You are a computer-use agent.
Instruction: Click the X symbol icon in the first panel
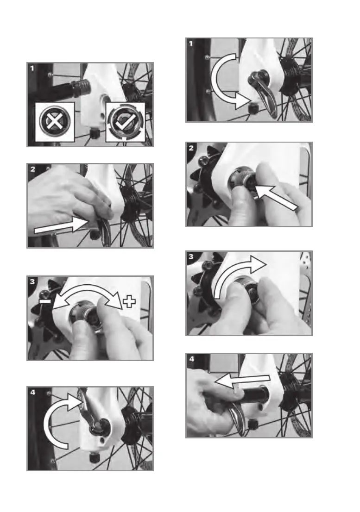(x=55, y=121)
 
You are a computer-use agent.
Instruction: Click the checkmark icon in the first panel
(x=126, y=122)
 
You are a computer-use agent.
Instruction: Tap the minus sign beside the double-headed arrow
(x=45, y=301)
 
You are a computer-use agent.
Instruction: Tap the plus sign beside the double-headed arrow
(x=129, y=301)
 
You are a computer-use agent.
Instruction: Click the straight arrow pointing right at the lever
(x=61, y=225)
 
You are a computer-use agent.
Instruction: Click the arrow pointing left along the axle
(x=242, y=381)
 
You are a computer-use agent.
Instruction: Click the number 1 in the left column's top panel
(x=32, y=68)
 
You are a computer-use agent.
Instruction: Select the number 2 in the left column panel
(x=33, y=169)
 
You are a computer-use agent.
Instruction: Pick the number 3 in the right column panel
(x=191, y=256)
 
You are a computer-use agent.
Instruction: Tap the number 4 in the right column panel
(x=191, y=359)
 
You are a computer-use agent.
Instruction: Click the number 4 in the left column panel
(x=33, y=392)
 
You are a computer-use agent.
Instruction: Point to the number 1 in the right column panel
(x=191, y=43)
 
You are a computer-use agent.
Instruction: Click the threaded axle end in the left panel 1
(x=80, y=87)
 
